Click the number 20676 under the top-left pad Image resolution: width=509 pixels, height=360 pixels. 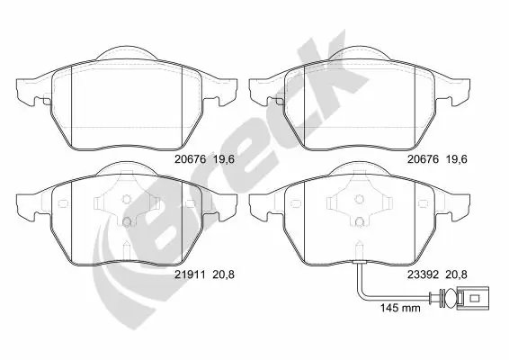pos(191,159)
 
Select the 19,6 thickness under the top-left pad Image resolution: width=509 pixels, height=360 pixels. pos(223,159)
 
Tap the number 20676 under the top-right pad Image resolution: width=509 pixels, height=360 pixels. pos(423,159)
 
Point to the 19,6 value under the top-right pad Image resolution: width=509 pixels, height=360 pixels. pos(457,159)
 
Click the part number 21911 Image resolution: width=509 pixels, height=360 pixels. pos(190,274)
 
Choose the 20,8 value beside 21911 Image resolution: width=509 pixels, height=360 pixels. pos(223,274)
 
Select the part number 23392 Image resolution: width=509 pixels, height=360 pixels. pos(423,274)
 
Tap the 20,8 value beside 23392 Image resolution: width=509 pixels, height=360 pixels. pos(457,274)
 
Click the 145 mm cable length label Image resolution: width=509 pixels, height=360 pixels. pos(400,308)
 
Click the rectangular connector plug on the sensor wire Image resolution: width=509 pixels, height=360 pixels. pos(473,298)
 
